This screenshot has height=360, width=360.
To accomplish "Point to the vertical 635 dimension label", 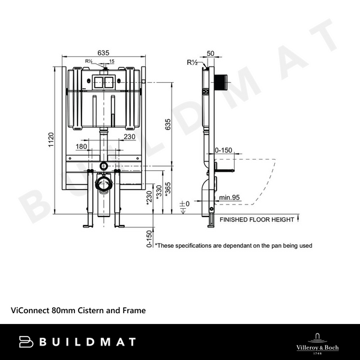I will click(169, 124).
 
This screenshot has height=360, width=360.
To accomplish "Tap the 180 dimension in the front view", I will click(82, 146).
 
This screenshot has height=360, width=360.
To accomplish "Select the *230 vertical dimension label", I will click(148, 199).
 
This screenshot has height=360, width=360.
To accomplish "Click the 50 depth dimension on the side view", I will click(209, 53).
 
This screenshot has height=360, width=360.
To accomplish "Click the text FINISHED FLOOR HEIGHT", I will click(257, 220).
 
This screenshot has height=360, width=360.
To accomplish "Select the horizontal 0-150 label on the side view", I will click(224, 151).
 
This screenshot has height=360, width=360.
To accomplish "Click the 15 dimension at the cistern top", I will click(111, 61).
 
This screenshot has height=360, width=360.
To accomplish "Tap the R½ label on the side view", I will click(193, 62).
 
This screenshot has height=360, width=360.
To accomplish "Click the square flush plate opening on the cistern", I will click(103, 82).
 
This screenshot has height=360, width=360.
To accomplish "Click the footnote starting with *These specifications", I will click(233, 245).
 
